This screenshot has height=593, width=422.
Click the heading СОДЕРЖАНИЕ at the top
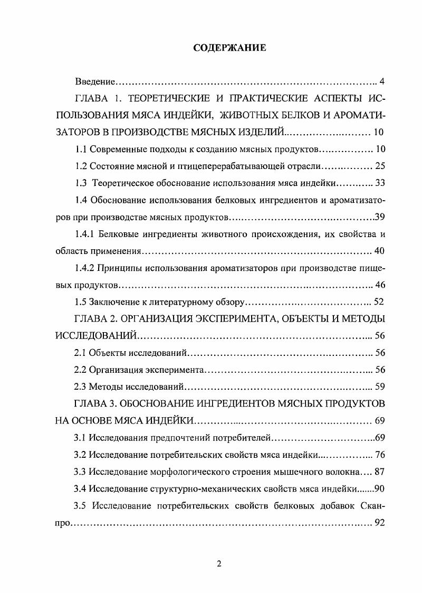[x=229, y=48]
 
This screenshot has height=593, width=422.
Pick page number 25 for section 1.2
[x=380, y=166]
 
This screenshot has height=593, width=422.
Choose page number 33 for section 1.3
[x=380, y=183]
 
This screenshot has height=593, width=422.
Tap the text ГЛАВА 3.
[x=99, y=403]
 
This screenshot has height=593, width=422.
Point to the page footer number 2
[x=219, y=563]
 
